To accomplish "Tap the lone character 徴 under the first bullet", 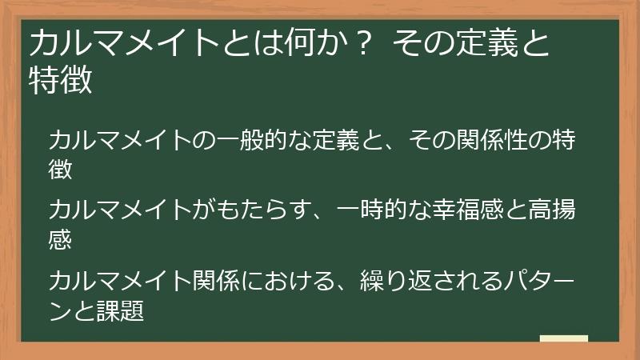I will (61, 169).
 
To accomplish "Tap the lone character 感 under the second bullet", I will (61, 238).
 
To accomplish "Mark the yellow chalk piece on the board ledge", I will (563, 339).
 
